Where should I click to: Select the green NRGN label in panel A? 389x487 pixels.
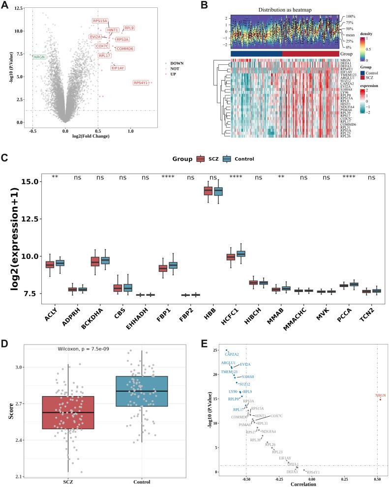39,57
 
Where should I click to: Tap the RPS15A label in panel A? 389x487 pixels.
100,21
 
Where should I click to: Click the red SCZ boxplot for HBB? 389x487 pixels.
208,191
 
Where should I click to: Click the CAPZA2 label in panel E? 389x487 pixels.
232,354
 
